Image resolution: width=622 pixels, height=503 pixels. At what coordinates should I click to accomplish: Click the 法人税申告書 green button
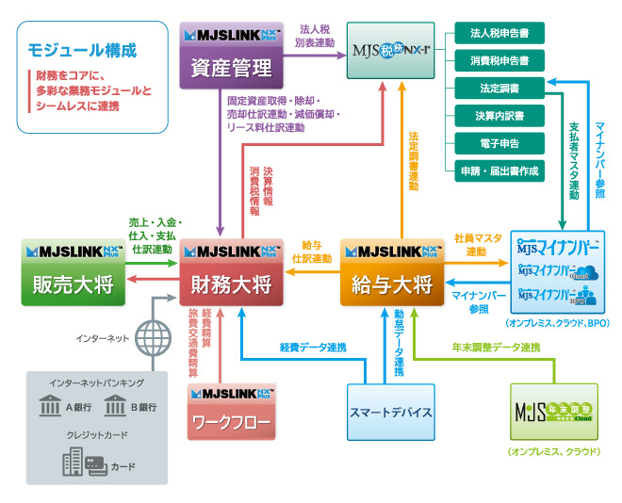click(x=499, y=33)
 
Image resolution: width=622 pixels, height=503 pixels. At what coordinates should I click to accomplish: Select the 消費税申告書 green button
click(x=499, y=60)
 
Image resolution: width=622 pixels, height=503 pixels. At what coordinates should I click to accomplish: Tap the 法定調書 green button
click(x=499, y=89)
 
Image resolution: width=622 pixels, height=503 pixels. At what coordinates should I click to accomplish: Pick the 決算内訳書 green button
click(x=499, y=116)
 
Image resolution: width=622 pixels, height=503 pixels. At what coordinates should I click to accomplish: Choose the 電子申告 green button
click(x=499, y=143)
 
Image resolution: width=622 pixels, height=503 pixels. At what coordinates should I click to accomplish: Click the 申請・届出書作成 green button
click(x=499, y=170)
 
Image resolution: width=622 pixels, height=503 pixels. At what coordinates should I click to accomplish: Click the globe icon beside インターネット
click(x=151, y=337)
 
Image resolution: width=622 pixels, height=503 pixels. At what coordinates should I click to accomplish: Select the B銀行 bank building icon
click(x=115, y=407)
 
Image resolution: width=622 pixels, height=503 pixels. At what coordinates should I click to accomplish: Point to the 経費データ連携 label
click(x=312, y=348)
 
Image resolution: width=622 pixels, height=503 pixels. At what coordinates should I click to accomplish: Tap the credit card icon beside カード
click(x=95, y=464)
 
